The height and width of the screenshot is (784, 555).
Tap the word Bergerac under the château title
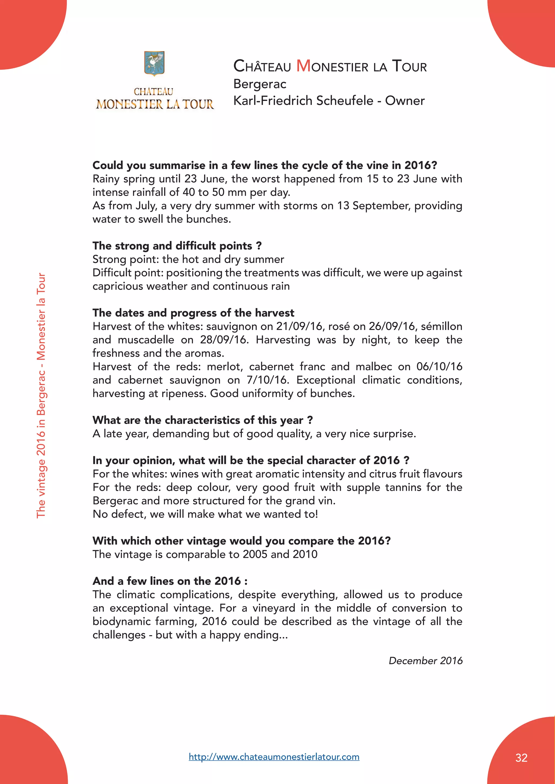(x=260, y=84)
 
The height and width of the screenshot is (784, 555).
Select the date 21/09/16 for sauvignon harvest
(x=299, y=326)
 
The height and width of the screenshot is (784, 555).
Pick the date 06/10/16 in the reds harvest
(x=439, y=367)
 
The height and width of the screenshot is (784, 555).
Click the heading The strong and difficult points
(x=177, y=246)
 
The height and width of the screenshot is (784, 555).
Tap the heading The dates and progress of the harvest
(x=193, y=313)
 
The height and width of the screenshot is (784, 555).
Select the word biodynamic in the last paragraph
(x=121, y=622)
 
